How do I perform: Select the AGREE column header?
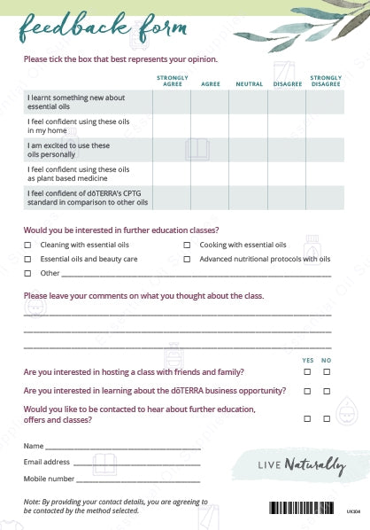[211, 83]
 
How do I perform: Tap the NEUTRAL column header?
[249, 83]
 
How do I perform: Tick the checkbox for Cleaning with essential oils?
[27, 245]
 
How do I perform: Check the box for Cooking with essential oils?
[187, 245]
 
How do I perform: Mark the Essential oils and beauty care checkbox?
[27, 259]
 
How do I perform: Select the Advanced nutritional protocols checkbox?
[187, 259]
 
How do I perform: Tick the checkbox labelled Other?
[27, 273]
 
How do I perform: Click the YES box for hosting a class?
[307, 372]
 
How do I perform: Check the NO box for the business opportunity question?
[327, 391]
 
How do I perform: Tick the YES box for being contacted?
[307, 417]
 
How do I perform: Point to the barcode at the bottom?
[304, 510]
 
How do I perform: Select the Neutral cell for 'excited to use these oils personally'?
[249, 149]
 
